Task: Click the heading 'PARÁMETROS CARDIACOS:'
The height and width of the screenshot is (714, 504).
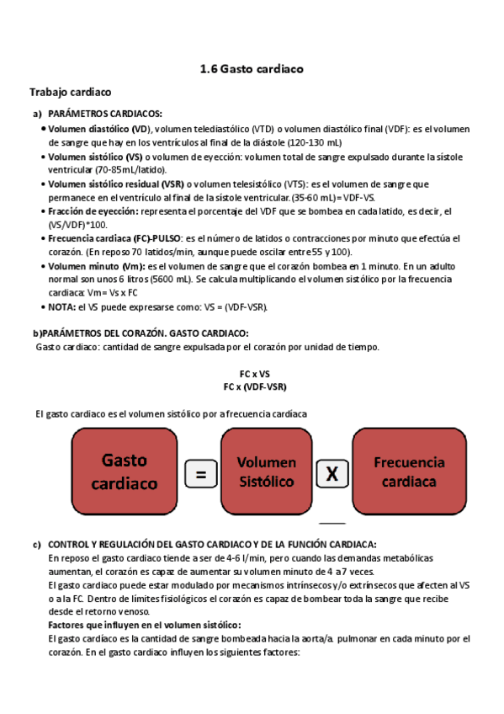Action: [105, 114]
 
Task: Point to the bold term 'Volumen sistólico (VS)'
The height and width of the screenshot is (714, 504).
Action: [95, 157]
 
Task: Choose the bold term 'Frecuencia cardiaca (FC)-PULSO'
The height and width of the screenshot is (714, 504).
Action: [114, 238]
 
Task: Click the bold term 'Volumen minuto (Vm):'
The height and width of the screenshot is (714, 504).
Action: [96, 265]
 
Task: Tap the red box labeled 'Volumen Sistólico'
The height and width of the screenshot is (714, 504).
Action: [266, 472]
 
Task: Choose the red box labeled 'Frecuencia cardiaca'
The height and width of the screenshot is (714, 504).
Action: [409, 472]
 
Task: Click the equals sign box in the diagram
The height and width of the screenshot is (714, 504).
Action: [200, 475]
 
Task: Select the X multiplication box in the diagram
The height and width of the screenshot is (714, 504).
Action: [332, 475]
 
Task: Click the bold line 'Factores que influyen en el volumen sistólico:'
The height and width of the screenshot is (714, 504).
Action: [144, 624]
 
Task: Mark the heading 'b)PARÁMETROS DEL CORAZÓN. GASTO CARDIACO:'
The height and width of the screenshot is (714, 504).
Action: [140, 333]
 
